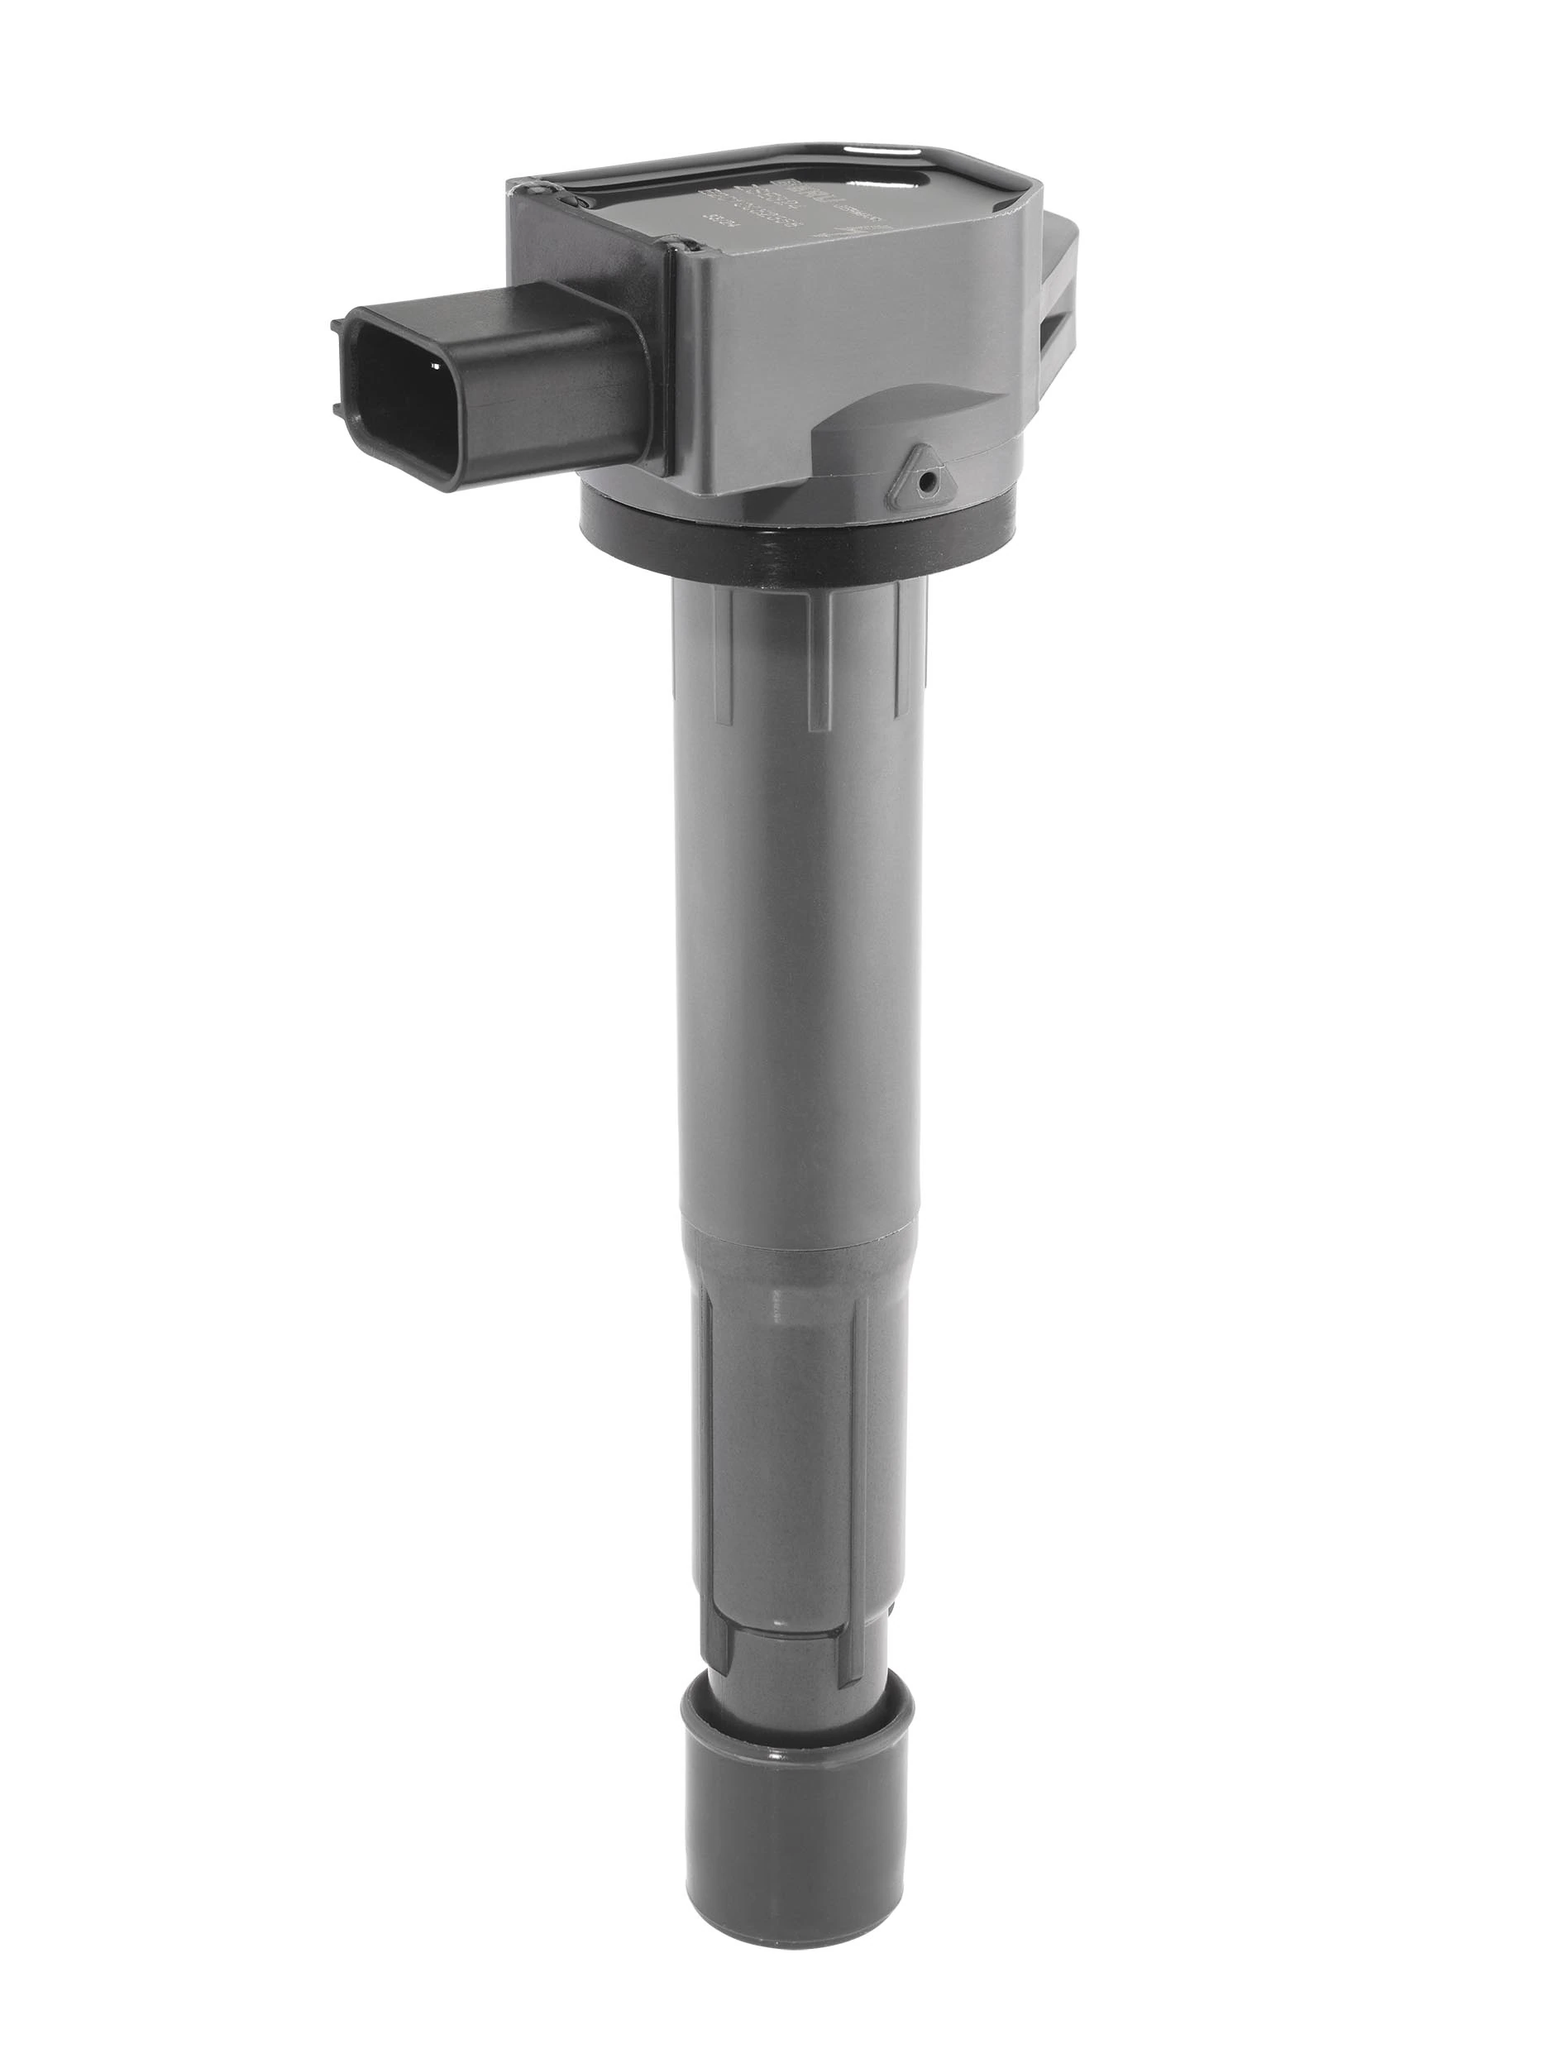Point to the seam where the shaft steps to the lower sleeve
(x=795, y=1220)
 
